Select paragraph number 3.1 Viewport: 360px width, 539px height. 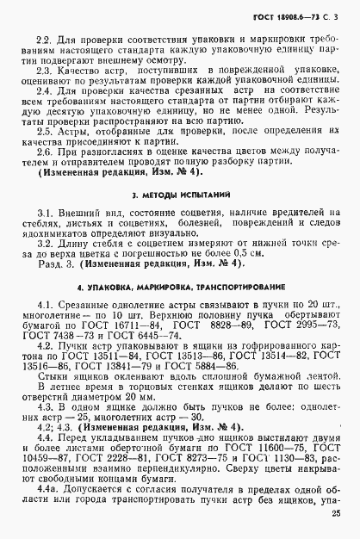tap(40, 213)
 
